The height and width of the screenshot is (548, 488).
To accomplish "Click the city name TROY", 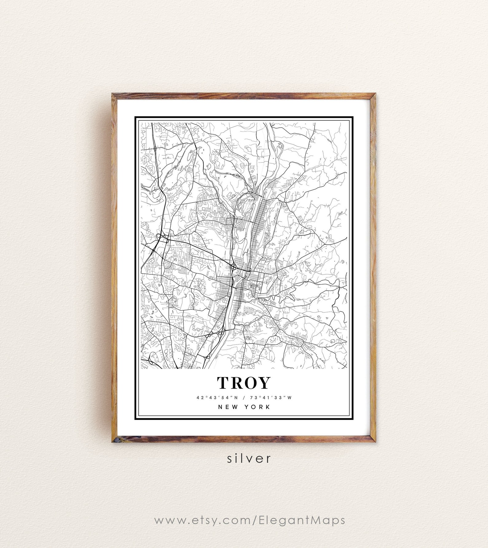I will (x=244, y=383).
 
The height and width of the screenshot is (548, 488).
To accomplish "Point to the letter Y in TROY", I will (x=264, y=383).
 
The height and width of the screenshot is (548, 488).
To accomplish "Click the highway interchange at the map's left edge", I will (x=158, y=236).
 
